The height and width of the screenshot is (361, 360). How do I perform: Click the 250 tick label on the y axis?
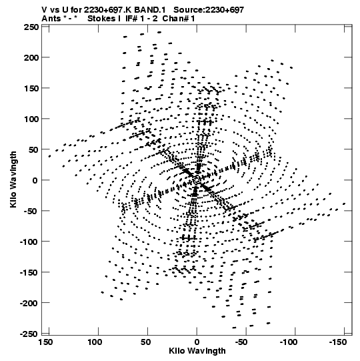tap(31, 27)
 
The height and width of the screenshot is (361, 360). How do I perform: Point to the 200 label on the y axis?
tap(31, 57)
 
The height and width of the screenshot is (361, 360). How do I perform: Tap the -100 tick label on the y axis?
tap(29, 242)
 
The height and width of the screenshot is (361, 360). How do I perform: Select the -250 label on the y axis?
tap(29, 334)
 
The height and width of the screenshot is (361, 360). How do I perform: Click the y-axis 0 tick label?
tap(35, 180)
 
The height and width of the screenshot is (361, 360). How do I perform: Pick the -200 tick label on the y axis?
tap(29, 303)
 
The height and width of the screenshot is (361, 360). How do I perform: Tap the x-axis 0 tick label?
tap(197, 342)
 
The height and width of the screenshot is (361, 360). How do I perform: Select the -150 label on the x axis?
tap(337, 342)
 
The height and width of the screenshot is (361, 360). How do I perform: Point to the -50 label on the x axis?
tap(241, 342)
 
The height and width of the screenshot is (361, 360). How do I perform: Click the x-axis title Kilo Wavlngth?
tap(197, 351)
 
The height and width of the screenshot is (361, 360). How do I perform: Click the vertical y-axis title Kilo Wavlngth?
tap(13, 179)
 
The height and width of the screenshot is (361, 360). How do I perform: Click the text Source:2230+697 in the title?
tap(209, 10)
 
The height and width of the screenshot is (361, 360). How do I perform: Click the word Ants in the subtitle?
tap(51, 19)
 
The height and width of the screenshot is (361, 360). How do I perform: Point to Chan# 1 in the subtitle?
tap(179, 19)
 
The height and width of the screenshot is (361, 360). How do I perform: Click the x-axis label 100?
tap(95, 342)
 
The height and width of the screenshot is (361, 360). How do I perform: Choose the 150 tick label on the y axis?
tap(31, 88)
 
